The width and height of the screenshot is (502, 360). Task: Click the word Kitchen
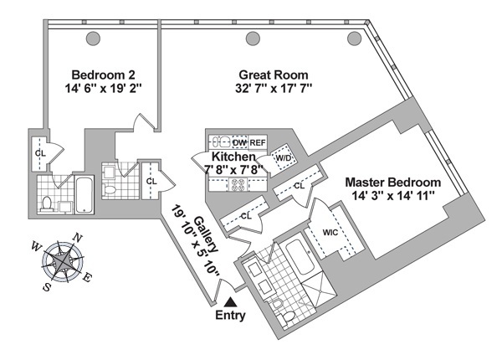(233, 157)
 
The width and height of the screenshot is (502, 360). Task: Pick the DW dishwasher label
(239, 142)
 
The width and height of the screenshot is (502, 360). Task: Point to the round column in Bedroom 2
(94, 37)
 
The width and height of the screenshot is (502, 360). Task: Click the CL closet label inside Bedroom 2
(39, 154)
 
